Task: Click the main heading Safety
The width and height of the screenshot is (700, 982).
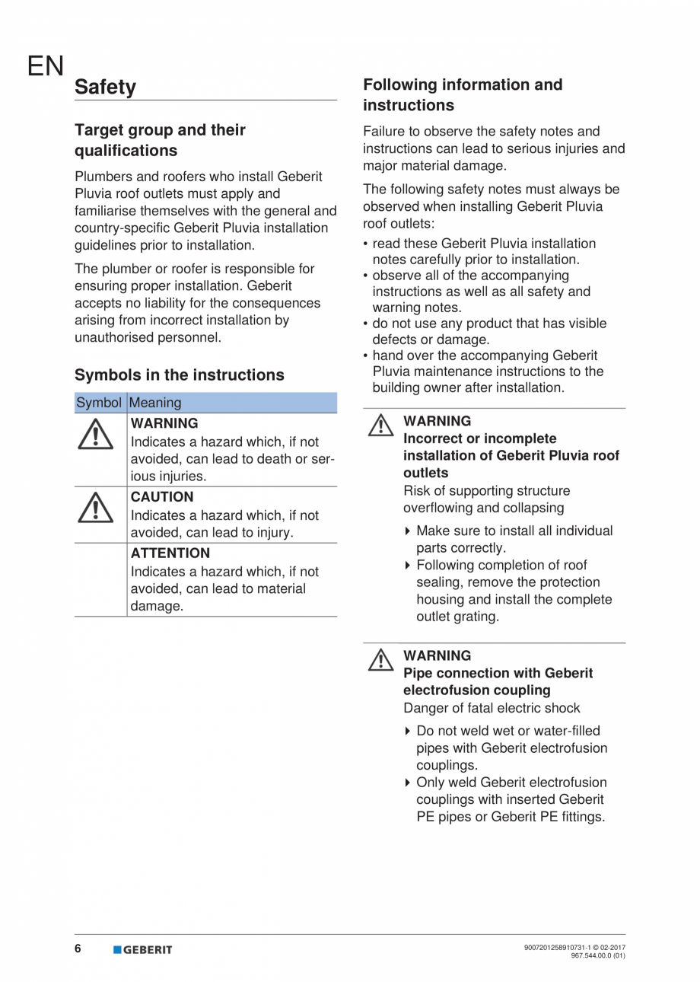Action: pyautogui.click(x=105, y=88)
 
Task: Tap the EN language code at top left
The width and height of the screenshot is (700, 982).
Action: pyautogui.click(x=46, y=67)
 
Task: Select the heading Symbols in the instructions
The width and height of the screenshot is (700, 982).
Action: pyautogui.click(x=179, y=375)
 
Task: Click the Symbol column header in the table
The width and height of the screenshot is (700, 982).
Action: pyautogui.click(x=99, y=403)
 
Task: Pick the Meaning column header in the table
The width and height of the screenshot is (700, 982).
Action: pyautogui.click(x=156, y=403)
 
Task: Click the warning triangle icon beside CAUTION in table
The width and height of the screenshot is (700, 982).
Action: pyautogui.click(x=95, y=508)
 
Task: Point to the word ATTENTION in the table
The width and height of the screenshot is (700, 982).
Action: pyautogui.click(x=170, y=553)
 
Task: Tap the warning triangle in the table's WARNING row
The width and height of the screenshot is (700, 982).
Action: pyautogui.click(x=95, y=435)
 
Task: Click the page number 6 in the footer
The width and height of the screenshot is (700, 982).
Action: pyautogui.click(x=78, y=949)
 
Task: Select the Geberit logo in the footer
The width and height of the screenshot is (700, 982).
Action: pyautogui.click(x=143, y=949)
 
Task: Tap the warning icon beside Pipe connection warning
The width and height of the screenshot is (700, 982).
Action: pyautogui.click(x=380, y=659)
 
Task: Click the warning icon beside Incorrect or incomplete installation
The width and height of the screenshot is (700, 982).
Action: pyautogui.click(x=380, y=425)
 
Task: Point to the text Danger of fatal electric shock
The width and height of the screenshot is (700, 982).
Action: pyautogui.click(x=492, y=708)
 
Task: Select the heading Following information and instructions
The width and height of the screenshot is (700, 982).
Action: pyautogui.click(x=463, y=94)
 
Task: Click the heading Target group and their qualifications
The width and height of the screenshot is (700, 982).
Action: pyautogui.click(x=160, y=140)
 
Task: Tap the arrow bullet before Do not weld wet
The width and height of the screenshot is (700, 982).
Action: pyautogui.click(x=409, y=732)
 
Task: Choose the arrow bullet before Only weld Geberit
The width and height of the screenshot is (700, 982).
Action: pyautogui.click(x=409, y=783)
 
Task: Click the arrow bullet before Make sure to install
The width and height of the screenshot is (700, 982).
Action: pyautogui.click(x=409, y=531)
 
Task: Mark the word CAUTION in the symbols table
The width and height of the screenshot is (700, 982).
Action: pyautogui.click(x=162, y=497)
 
